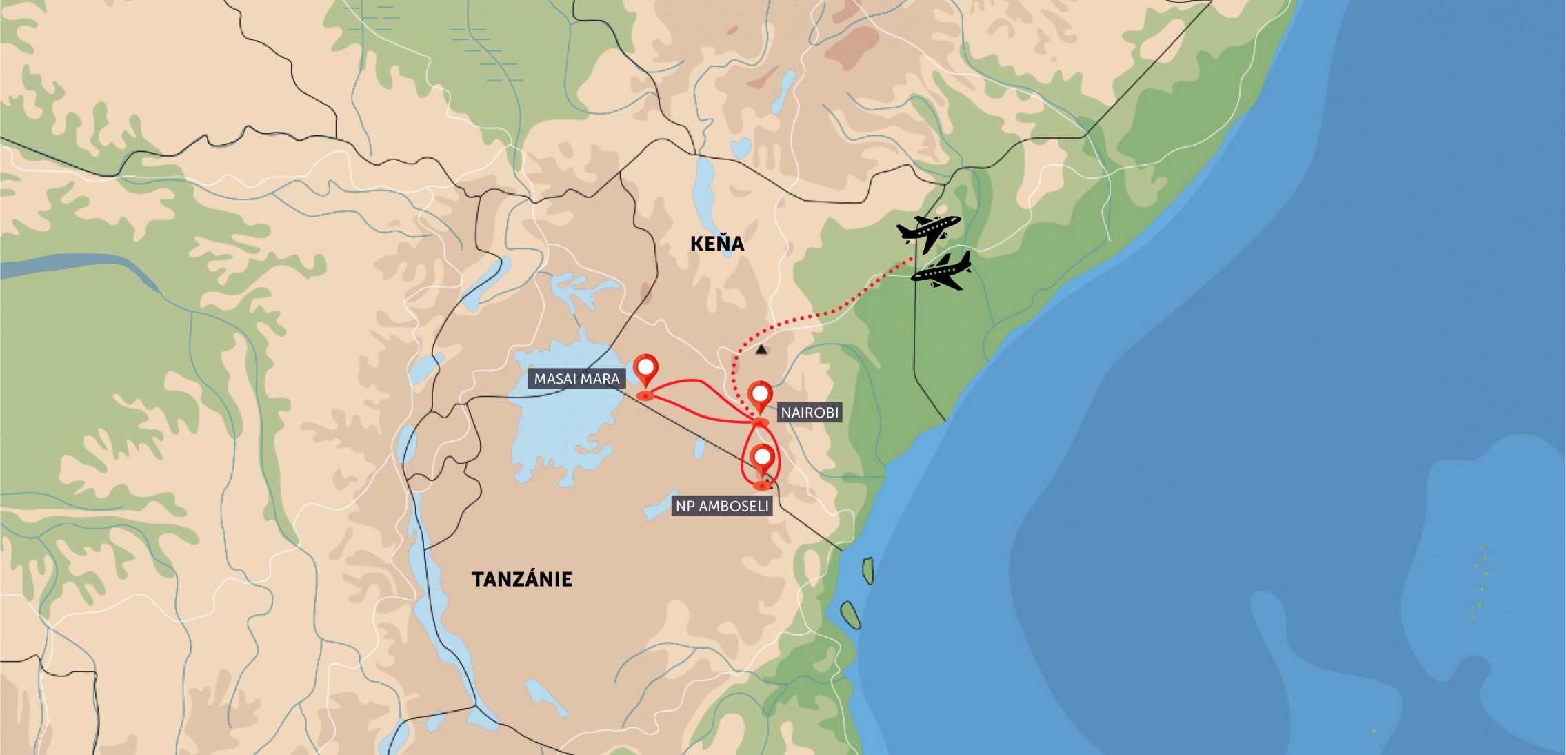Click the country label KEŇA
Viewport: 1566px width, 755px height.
(x=717, y=244)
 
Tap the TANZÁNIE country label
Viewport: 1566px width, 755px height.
(x=522, y=579)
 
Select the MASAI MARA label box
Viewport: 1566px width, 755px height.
(x=576, y=378)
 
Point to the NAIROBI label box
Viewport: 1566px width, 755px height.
(x=810, y=413)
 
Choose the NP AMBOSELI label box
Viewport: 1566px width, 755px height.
(x=721, y=506)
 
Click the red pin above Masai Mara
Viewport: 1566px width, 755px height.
(x=646, y=370)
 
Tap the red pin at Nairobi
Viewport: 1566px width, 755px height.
(x=760, y=395)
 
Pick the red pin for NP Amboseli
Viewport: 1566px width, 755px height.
(x=762, y=459)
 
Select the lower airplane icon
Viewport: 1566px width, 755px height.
(x=942, y=271)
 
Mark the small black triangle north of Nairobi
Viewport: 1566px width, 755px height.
(x=761, y=350)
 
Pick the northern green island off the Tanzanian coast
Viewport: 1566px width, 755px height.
(x=868, y=570)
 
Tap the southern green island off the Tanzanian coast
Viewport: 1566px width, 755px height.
(x=850, y=614)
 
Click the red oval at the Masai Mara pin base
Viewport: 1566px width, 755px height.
(x=645, y=395)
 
